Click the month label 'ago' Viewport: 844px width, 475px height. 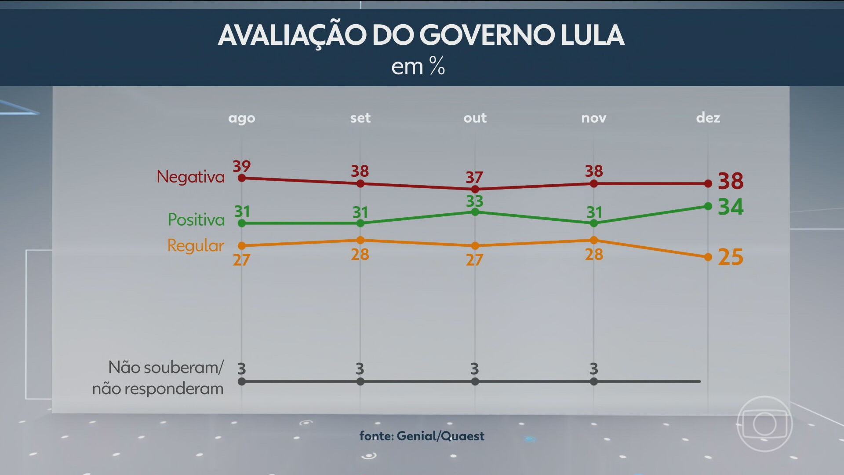click(241, 118)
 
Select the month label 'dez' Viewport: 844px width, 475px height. click(708, 117)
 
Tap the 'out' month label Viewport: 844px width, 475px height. click(475, 118)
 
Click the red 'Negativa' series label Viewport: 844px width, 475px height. click(190, 177)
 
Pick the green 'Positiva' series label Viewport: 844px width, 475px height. click(196, 219)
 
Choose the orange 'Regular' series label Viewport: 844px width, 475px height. click(196, 245)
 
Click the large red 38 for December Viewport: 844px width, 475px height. click(730, 181)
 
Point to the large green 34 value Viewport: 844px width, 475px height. click(730, 207)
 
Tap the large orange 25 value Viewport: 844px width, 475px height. click(730, 257)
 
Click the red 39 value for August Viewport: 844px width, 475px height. click(241, 166)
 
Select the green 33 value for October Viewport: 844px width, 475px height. click(475, 201)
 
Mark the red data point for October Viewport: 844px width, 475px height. click(475, 189)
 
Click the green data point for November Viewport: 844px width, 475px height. click(593, 223)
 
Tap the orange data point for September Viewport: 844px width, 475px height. click(360, 240)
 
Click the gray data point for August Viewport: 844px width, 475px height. click(241, 382)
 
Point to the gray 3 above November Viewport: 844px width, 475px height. click(593, 369)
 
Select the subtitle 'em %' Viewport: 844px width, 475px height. click(418, 67)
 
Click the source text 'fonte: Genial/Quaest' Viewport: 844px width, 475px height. click(422, 436)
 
